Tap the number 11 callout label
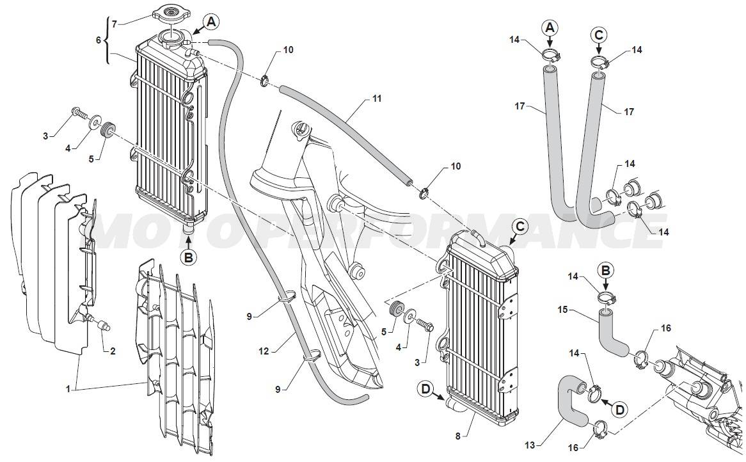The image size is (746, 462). point(377,99)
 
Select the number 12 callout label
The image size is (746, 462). point(264,351)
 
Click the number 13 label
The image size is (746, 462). point(530,445)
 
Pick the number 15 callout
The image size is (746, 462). point(563,310)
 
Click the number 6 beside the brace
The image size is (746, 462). point(99,40)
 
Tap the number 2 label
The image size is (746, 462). point(113,351)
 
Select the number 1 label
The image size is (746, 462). point(68,389)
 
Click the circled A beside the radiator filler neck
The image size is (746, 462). point(211,21)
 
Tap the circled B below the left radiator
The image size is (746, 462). point(188,257)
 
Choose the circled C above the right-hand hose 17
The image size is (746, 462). point(599,35)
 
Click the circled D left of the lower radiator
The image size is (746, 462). point(425,389)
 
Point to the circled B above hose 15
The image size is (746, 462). point(606,271)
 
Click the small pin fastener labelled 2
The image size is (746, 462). point(104,326)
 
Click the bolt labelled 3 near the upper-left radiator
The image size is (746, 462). point(79,113)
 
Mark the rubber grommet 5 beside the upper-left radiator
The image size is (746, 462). point(109,129)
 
